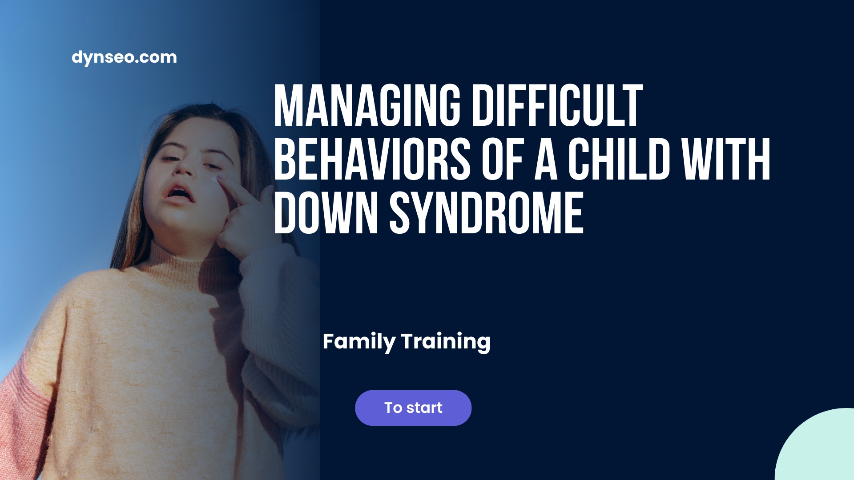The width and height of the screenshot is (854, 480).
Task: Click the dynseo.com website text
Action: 124,57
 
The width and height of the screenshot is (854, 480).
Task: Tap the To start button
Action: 413,408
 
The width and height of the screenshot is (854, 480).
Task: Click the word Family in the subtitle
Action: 359,341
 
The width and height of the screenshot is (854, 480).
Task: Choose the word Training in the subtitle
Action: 445,341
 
